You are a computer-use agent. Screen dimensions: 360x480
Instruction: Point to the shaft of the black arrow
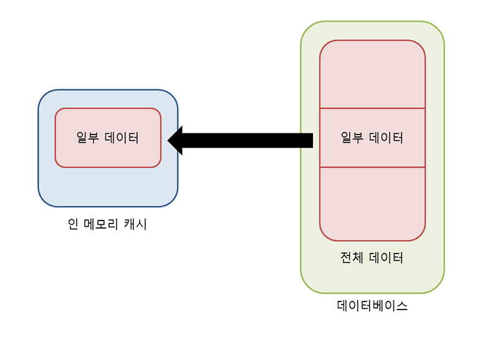(x=249, y=140)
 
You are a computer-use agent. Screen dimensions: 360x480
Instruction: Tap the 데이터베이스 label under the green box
(x=372, y=306)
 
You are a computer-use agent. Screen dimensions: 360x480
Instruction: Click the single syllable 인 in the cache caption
(x=73, y=224)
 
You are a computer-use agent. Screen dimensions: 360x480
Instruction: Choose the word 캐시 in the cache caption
(x=137, y=224)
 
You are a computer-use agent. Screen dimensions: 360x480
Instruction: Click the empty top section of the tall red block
(x=372, y=75)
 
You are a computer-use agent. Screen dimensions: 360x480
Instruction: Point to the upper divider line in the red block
(x=372, y=108)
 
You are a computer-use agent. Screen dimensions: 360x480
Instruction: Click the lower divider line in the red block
(x=372, y=168)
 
